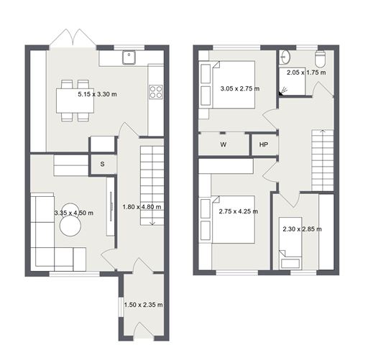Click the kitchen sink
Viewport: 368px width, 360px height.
pos(129,57)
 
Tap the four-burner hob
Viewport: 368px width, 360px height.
pos(156,92)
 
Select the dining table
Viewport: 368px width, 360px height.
pos(75,101)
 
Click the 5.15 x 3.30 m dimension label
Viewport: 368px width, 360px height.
pos(97,94)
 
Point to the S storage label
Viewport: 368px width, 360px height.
pos(102,164)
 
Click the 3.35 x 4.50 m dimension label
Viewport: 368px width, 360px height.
pos(74,213)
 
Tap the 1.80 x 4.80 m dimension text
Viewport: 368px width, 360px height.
pos(142,207)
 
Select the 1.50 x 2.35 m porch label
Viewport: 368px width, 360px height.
pos(144,305)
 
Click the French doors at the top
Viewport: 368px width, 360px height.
pos(73,38)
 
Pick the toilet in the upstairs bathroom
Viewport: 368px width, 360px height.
pos(320,59)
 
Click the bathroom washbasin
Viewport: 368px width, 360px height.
pos(285,57)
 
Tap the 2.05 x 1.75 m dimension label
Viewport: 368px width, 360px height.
pos(306,73)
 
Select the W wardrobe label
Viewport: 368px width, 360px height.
pos(224,144)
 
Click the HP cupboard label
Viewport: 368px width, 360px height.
pos(264,144)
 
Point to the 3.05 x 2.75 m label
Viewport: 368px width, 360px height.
pos(240,88)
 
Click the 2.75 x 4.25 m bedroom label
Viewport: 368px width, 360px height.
pos(239,211)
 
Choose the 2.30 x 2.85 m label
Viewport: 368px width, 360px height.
pos(302,229)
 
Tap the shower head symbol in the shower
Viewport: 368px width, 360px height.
pos(282,92)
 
